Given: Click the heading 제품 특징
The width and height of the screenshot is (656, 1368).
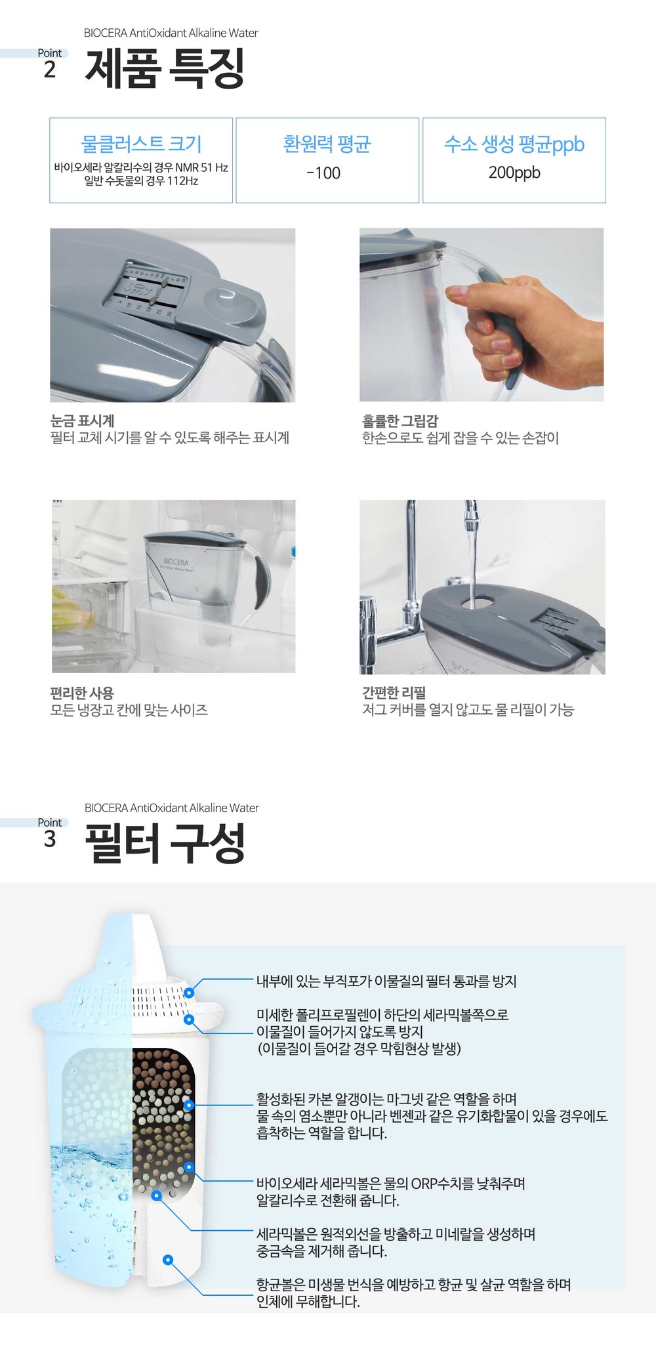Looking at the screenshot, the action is (x=165, y=69).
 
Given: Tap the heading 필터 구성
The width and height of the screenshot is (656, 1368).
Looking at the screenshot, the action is (x=165, y=843).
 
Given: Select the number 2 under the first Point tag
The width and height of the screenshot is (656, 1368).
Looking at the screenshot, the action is (x=50, y=70).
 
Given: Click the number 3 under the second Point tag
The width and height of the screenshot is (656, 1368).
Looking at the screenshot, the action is (x=50, y=839).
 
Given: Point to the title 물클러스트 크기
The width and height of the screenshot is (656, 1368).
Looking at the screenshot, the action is (x=141, y=144).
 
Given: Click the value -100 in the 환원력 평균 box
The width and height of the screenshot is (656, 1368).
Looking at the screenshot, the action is (x=323, y=173).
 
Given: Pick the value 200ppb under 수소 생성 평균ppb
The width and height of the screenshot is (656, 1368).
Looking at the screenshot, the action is (x=514, y=173).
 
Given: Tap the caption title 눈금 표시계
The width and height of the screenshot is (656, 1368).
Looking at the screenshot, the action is (x=83, y=421).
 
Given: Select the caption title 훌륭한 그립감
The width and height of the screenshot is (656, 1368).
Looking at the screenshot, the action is (x=400, y=421).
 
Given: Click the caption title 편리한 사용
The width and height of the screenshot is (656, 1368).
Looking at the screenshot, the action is (x=82, y=692).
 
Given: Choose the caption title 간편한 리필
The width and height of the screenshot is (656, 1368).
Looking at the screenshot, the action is (x=394, y=692).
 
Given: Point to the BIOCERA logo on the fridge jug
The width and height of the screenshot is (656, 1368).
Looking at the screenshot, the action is (x=176, y=563).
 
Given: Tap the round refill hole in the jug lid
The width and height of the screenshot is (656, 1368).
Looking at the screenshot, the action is (x=471, y=600).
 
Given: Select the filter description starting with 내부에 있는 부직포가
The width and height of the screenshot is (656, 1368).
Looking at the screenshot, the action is (x=386, y=981).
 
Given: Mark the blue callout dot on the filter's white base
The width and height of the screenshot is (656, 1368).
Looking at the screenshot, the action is (x=168, y=1259).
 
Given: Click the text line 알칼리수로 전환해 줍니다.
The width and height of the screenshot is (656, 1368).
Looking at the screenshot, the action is (x=328, y=1200).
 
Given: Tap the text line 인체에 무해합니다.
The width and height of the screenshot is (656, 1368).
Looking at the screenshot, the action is (x=308, y=1301).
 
